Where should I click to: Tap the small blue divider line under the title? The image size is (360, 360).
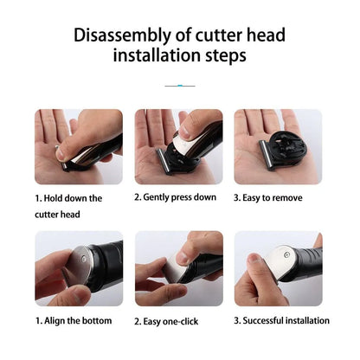(179, 86)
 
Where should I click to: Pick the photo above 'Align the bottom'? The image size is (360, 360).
(79, 268)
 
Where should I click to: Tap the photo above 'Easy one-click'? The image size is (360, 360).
(178, 268)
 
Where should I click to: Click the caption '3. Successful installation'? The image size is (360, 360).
(282, 320)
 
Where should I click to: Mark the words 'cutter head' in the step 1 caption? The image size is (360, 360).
(58, 214)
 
